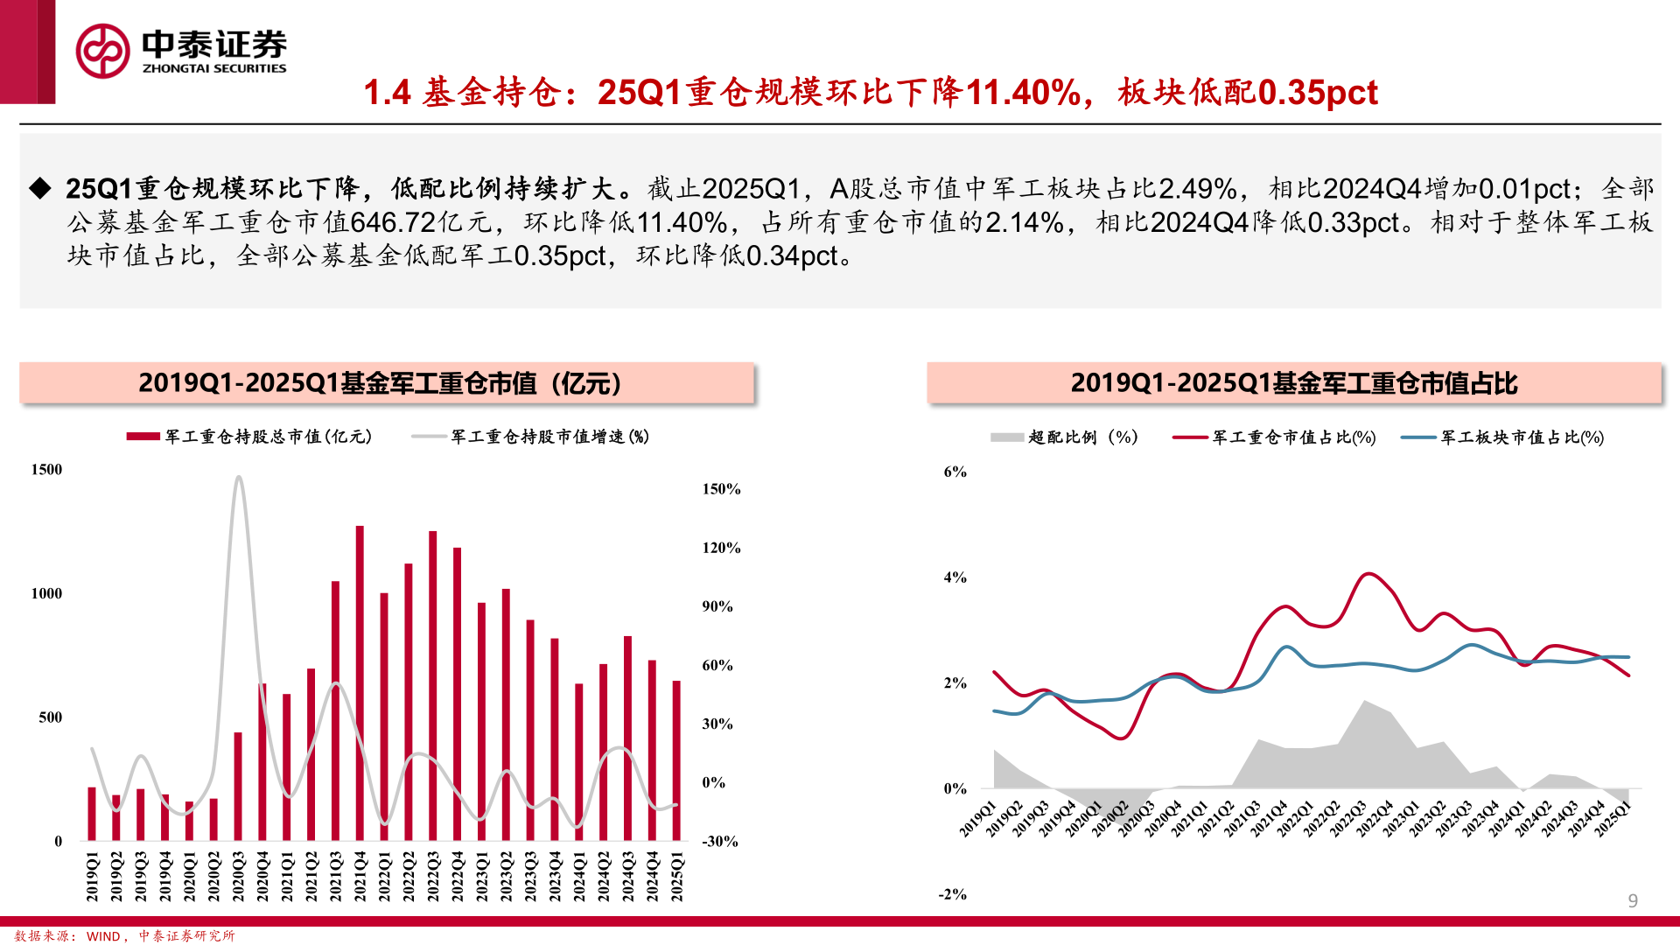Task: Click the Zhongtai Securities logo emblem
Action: (102, 51)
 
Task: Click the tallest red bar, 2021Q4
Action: (360, 682)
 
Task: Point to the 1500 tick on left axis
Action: (47, 470)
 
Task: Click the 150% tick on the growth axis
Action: (721, 489)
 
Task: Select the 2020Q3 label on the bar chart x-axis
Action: (238, 876)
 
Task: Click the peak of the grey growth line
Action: (238, 478)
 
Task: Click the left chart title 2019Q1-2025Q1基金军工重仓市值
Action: (380, 383)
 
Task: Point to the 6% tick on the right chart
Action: (955, 472)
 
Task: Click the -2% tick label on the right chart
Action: (952, 894)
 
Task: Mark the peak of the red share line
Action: (1368, 574)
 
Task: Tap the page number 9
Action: (1633, 900)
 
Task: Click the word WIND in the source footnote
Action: (103, 936)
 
